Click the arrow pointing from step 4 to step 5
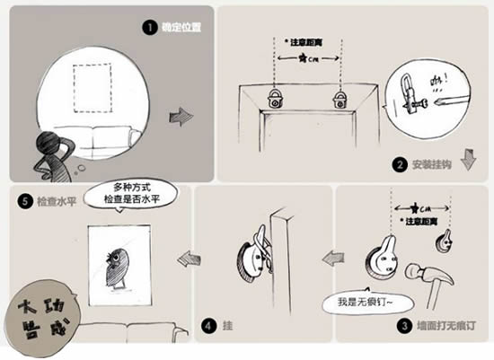188,259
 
